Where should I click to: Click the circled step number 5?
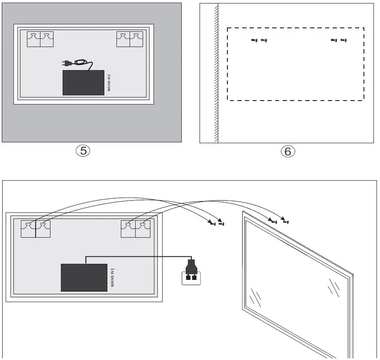[83, 151]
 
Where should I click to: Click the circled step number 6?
[288, 151]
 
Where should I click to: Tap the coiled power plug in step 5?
[77, 64]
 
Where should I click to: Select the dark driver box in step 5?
[83, 83]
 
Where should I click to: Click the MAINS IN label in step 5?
[109, 83]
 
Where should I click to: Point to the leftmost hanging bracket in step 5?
[33, 39]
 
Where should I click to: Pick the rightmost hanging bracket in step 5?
[137, 39]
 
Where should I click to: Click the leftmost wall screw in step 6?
[254, 40]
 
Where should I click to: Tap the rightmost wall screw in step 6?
[343, 40]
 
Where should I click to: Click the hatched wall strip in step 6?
[216, 74]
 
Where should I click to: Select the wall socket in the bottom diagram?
[191, 278]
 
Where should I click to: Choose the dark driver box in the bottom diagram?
[84, 278]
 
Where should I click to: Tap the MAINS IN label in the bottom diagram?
[113, 278]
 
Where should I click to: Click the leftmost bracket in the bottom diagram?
[28, 229]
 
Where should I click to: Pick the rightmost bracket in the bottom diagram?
[143, 229]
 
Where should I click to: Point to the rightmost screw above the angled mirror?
[286, 222]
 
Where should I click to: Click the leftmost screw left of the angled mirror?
[213, 224]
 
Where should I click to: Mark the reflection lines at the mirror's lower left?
[255, 297]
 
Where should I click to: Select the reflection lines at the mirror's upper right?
[334, 288]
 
